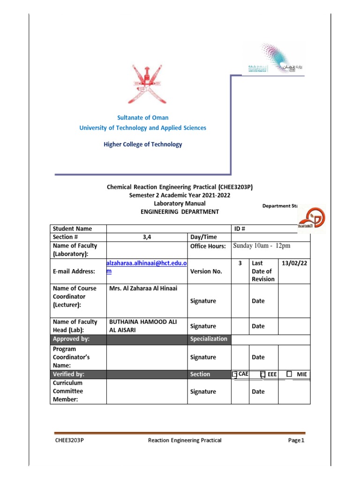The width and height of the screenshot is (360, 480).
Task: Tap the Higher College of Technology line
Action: click(142, 144)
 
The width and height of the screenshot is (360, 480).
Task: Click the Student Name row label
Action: click(72, 229)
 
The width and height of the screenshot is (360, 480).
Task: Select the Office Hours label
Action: click(208, 246)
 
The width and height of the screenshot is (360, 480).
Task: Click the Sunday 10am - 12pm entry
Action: click(264, 246)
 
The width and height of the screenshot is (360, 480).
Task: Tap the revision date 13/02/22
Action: click(294, 263)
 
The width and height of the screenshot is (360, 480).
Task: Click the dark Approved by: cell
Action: click(78, 339)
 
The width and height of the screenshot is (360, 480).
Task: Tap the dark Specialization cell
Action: click(209, 339)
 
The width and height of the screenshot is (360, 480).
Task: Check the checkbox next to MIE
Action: click(289, 374)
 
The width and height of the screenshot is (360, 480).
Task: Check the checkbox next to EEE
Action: click(262, 374)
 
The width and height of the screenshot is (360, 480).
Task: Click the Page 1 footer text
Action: click(296, 441)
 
